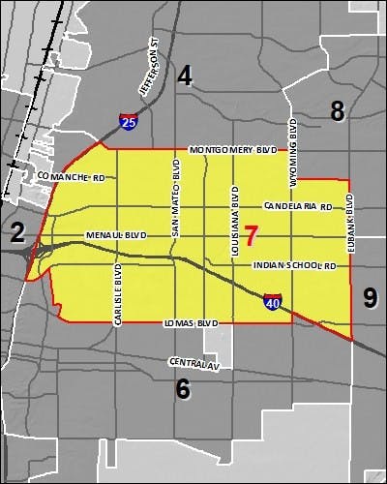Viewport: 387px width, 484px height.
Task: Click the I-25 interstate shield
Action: tap(128, 121)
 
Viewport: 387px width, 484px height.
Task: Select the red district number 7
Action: tap(252, 235)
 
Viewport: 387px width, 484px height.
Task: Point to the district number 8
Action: tap(337, 111)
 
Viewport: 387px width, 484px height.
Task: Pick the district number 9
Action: tap(370, 297)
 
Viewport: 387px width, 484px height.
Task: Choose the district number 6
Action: tap(182, 389)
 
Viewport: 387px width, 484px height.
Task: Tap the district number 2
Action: tap(16, 230)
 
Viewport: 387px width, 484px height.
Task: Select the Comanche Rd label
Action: tap(71, 178)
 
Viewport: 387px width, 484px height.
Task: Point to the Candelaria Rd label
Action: tap(297, 207)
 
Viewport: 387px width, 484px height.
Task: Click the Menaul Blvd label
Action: tap(115, 235)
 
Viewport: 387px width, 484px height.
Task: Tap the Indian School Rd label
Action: tap(293, 265)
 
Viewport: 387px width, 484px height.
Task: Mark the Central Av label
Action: tap(189, 363)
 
